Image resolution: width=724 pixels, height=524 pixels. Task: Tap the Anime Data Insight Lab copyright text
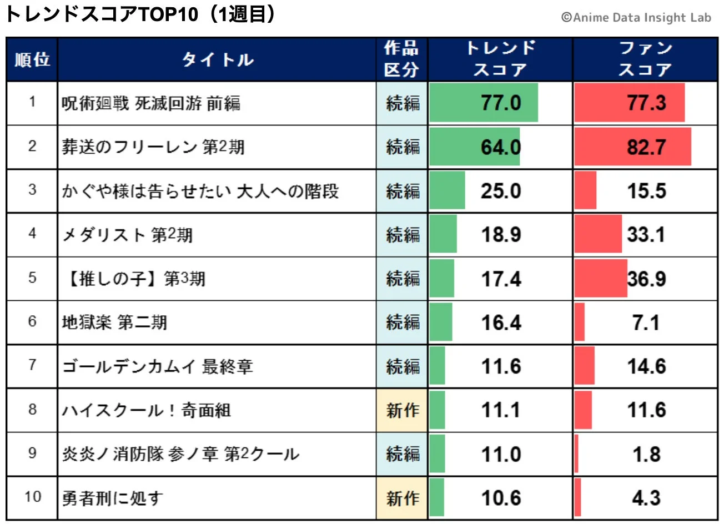[x=636, y=18]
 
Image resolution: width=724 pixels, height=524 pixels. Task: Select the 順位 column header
[x=32, y=59]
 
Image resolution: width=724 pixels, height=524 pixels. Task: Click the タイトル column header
[x=217, y=59]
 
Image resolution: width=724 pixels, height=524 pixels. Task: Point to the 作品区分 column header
[x=401, y=59]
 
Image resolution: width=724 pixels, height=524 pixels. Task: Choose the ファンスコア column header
[x=645, y=59]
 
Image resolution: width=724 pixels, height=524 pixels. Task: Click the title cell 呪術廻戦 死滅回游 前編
[x=151, y=103]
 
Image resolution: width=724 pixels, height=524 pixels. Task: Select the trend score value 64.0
[x=501, y=147]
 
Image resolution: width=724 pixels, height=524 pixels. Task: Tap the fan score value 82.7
[x=646, y=147]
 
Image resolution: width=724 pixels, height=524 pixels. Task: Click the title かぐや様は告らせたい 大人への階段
[x=200, y=191]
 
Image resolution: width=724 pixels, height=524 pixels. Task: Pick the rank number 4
[x=32, y=234]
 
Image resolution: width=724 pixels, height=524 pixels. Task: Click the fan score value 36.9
[x=646, y=279]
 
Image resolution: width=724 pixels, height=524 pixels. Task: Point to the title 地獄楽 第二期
[x=114, y=323]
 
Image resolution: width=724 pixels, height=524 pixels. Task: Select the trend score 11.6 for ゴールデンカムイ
[x=501, y=366]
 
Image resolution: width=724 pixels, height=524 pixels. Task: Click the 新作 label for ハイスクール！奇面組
[x=403, y=410]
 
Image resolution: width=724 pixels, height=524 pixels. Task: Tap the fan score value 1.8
[x=646, y=454]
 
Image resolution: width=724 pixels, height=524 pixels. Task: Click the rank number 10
[x=32, y=497]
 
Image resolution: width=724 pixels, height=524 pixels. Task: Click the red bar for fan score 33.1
[x=598, y=235]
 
